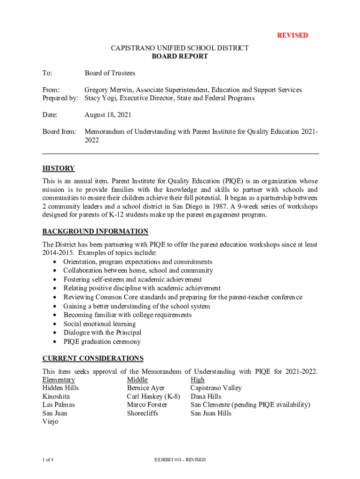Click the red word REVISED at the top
tap(292, 36)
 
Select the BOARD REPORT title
tap(180, 57)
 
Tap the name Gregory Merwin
tap(108, 90)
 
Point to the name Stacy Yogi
tap(101, 98)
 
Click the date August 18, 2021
tap(108, 115)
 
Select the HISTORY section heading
tap(58, 168)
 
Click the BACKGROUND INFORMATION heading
tap(95, 232)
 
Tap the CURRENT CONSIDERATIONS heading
tap(93, 358)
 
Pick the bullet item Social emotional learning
tap(100, 324)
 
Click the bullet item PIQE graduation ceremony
tap(102, 341)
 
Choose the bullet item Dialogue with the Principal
tap(102, 333)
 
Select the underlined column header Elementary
tap(58, 379)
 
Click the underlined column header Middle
tap(137, 379)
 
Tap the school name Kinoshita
tap(56, 396)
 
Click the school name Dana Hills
tap(206, 396)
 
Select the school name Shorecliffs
tap(142, 413)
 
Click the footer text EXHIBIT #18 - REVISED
tap(180, 460)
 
